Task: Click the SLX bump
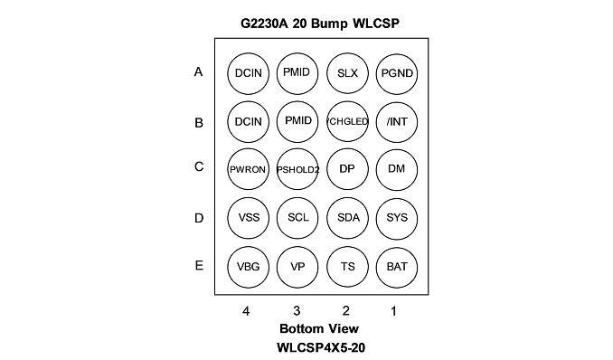[347, 73]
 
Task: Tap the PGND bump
[397, 73]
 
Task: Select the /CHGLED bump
[347, 122]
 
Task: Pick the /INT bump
[397, 122]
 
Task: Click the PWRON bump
[249, 169]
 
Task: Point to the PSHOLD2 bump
[297, 169]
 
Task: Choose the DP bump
[347, 169]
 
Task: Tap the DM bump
[397, 169]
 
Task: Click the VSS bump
[249, 218]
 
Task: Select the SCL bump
[297, 218]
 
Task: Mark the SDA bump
[347, 218]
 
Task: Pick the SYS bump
[397, 218]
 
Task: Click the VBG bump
[249, 267]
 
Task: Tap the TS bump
[347, 267]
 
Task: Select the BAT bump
[397, 267]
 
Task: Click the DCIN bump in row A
[249, 73]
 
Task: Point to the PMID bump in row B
[297, 122]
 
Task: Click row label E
[199, 266]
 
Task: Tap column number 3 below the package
[297, 310]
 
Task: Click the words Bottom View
[319, 328]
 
